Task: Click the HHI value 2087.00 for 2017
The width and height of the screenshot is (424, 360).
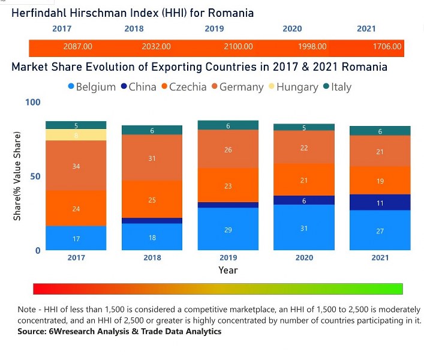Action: click(x=78, y=47)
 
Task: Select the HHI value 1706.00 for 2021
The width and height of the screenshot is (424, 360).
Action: click(x=387, y=47)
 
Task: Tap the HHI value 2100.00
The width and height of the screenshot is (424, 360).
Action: click(x=238, y=47)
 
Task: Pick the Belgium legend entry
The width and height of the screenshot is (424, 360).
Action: click(x=92, y=87)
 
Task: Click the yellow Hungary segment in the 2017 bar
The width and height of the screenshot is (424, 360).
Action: click(x=76, y=135)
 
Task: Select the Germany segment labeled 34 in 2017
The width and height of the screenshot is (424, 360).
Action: click(x=76, y=166)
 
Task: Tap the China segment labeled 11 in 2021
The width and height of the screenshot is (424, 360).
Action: click(x=380, y=203)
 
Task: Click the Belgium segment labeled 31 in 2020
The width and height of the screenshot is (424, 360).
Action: click(x=304, y=227)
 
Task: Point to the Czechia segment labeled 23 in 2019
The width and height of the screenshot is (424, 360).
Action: click(x=228, y=186)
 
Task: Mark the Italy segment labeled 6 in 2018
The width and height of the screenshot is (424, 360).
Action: click(x=152, y=130)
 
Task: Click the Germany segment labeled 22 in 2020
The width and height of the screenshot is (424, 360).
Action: click(x=304, y=148)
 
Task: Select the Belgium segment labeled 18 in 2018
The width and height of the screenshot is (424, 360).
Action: click(x=152, y=237)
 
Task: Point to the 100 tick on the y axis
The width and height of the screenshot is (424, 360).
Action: click(x=33, y=103)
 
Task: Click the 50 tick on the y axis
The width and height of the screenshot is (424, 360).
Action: click(x=35, y=176)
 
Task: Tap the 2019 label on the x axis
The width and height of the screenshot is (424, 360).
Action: click(x=228, y=257)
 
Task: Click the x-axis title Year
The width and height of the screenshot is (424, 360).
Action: click(x=228, y=270)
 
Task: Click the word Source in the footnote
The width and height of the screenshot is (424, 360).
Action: click(x=34, y=332)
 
